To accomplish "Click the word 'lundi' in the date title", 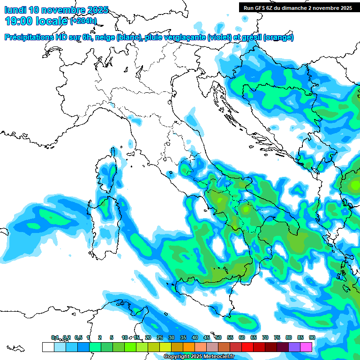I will point(15,10).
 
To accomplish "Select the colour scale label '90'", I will point(312,337).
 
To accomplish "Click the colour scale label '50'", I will point(218,337).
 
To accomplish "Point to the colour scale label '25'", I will point(160,337).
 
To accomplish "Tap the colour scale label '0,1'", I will point(55,337).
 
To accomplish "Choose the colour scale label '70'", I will point(265,337).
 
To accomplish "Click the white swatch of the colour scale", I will point(48,347).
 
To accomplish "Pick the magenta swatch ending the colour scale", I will point(306,347).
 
